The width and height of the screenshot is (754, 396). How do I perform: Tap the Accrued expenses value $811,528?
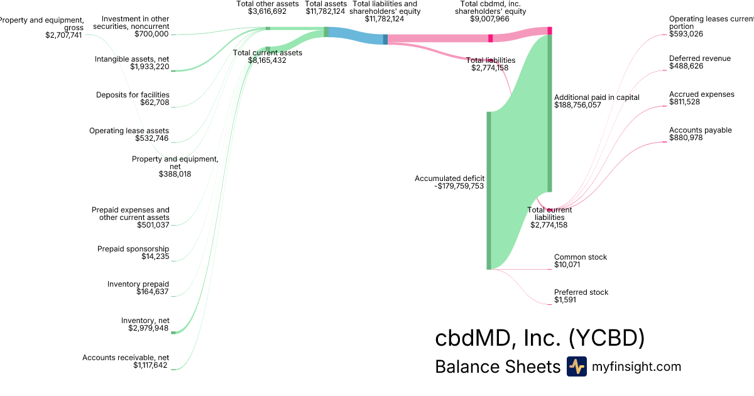coord(684,102)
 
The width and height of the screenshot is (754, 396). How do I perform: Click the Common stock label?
coord(580,257)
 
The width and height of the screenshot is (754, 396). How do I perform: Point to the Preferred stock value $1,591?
coord(565,300)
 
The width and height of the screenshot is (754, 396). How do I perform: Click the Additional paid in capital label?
coord(596,97)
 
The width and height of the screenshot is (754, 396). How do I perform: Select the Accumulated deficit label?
coord(449,179)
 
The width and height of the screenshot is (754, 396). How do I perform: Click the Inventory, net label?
coord(145,321)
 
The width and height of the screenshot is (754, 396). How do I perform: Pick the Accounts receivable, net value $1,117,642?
coord(150,365)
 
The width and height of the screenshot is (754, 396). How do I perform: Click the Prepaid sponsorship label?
coord(133,249)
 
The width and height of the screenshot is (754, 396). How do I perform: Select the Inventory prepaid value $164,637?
coord(153,292)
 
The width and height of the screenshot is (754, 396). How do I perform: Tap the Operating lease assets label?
coord(129,131)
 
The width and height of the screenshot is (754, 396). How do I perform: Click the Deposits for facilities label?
coord(133,95)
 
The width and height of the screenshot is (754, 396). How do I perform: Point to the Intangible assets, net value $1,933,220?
coord(150,66)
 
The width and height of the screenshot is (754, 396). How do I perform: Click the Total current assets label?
coord(267,53)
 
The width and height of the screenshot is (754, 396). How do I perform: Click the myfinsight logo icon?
coord(576,366)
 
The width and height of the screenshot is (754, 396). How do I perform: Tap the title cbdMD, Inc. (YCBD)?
coord(540,338)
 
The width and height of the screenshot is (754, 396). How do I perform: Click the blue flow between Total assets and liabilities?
coord(355,36)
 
